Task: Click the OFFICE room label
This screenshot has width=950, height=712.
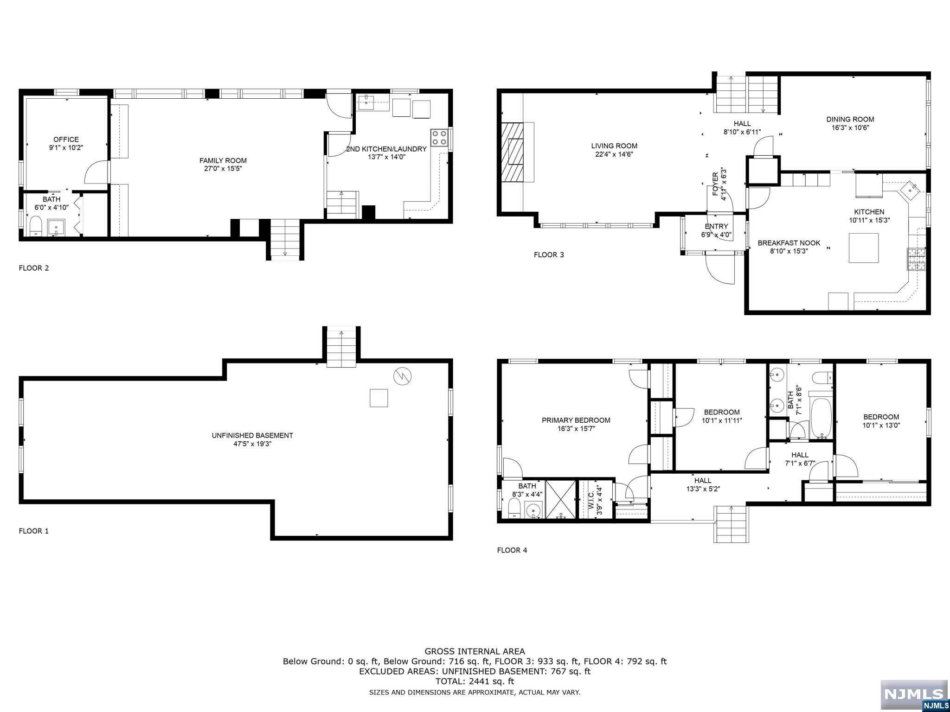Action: tap(66, 140)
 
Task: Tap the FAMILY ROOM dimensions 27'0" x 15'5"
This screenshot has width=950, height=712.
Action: tap(223, 169)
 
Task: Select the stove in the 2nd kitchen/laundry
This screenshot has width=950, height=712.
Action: tap(439, 137)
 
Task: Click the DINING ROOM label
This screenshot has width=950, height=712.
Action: tap(850, 119)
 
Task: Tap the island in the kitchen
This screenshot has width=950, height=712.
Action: tap(864, 248)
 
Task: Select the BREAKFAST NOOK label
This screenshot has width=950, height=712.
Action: tap(789, 243)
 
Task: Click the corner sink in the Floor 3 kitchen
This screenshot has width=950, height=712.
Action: tap(911, 189)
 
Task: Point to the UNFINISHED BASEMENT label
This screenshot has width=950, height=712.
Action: tap(252, 435)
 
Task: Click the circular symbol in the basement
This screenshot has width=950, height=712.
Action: tap(402, 376)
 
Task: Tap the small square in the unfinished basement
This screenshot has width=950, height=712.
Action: tap(379, 398)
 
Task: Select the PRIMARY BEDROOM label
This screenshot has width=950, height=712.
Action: tap(576, 420)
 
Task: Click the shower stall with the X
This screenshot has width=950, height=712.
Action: tap(560, 500)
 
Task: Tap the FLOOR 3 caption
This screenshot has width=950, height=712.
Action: tap(549, 254)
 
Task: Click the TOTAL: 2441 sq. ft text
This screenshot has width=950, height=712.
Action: tap(475, 681)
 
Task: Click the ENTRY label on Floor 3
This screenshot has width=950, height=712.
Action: tap(716, 227)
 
